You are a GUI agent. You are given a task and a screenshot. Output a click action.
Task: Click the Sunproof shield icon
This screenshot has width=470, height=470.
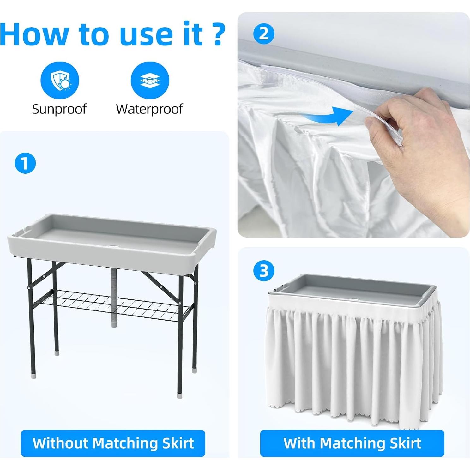click(60, 80)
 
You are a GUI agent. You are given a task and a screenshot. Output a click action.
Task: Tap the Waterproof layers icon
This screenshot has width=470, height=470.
click(150, 80)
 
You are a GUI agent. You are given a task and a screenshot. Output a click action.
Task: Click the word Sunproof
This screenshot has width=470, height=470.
click(59, 109)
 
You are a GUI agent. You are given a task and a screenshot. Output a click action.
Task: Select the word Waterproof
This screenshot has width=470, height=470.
click(149, 109)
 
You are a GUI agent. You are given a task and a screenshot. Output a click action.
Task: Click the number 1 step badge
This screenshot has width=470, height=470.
click(25, 163)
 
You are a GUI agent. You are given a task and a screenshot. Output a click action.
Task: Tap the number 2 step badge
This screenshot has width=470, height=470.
click(264, 33)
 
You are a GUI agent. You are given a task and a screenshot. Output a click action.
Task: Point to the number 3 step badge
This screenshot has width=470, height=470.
click(264, 271)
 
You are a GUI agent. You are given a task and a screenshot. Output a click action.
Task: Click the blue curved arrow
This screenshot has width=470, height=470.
click(328, 116)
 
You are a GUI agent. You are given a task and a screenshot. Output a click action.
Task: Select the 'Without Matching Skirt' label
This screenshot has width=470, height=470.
click(113, 443)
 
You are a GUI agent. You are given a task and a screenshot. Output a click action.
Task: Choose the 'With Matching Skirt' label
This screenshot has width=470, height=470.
click(352, 443)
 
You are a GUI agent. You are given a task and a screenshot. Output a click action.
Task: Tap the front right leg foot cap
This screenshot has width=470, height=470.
click(180, 395)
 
